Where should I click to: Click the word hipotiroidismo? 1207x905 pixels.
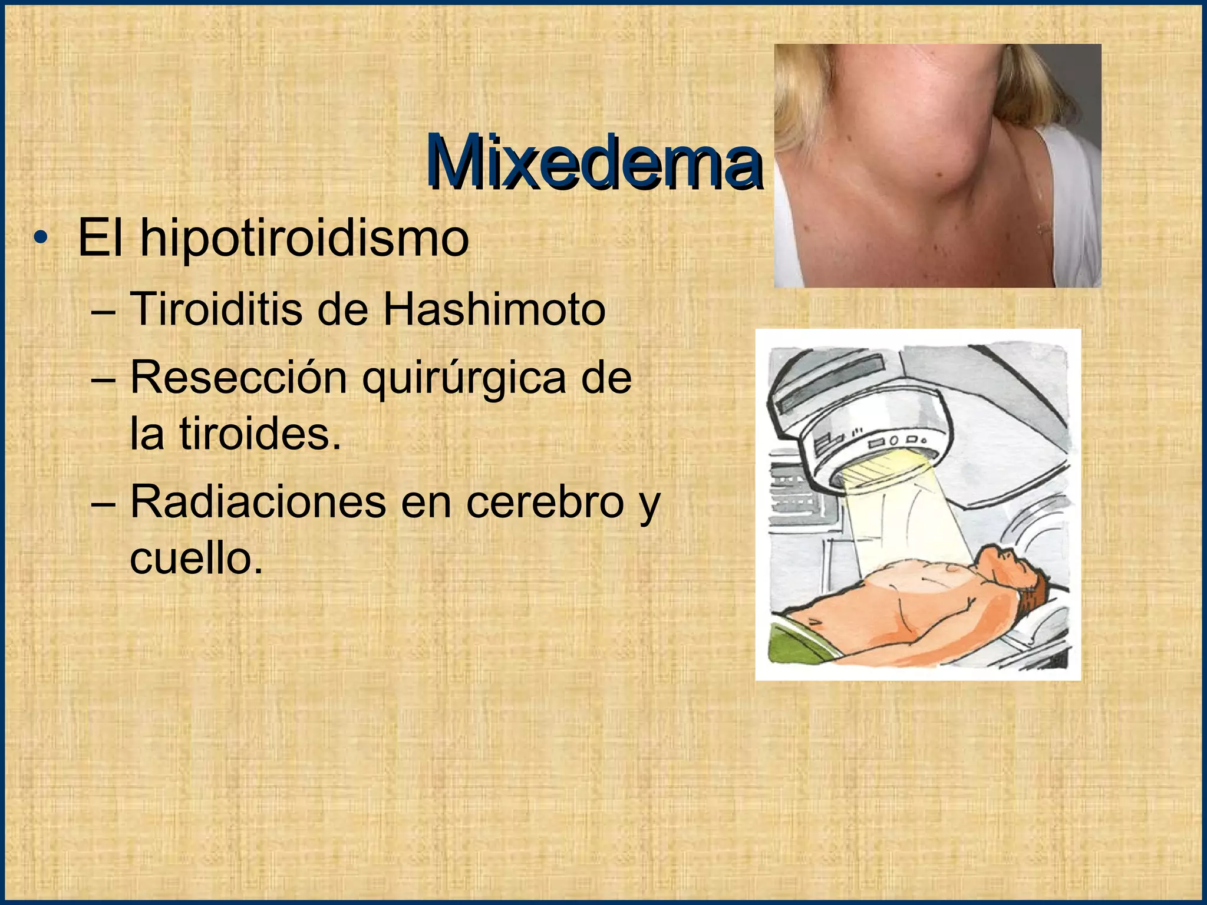tap(304, 239)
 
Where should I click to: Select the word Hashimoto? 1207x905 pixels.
tap(494, 310)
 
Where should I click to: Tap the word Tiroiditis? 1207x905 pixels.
tap(215, 310)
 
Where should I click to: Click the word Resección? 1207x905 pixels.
tap(238, 378)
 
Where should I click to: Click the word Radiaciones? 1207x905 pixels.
tap(258, 502)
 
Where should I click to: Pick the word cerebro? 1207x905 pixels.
tap(545, 502)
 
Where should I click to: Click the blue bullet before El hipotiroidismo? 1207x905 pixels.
tap(39, 239)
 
